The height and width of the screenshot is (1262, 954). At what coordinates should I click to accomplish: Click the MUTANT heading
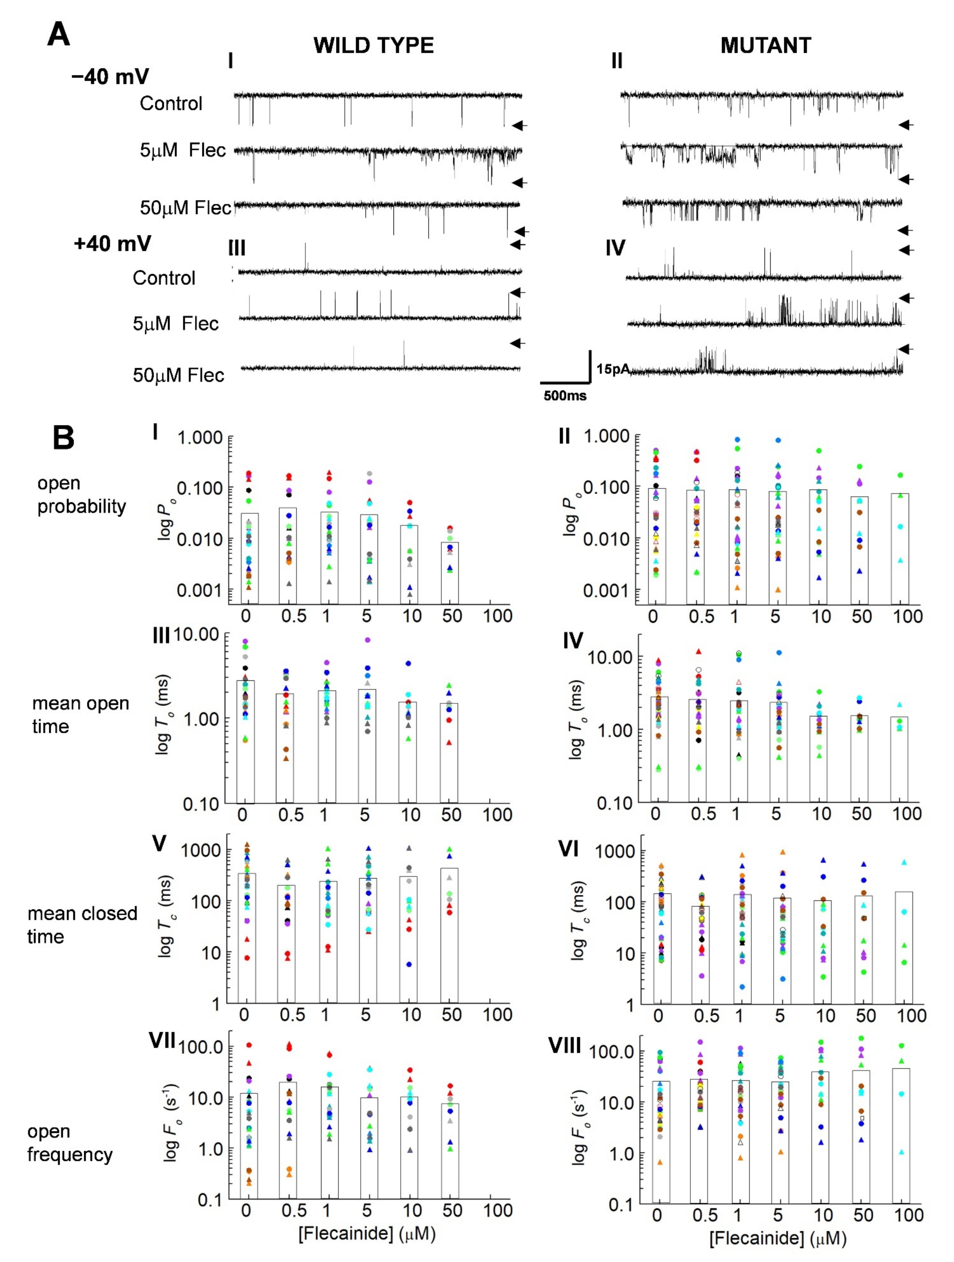click(765, 45)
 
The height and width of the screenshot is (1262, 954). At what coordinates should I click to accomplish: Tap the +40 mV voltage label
click(112, 244)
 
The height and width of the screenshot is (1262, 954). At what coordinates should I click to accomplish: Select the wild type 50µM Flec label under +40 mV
click(178, 375)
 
